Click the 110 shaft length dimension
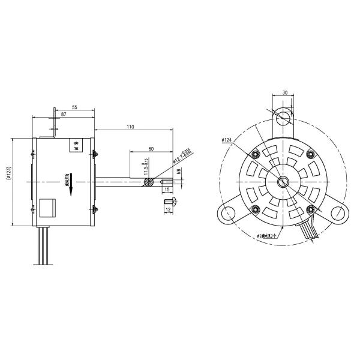tap(130, 126)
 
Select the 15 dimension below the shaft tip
tap(166, 190)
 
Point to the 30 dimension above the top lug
tap(284, 93)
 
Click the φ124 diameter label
tap(227, 140)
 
